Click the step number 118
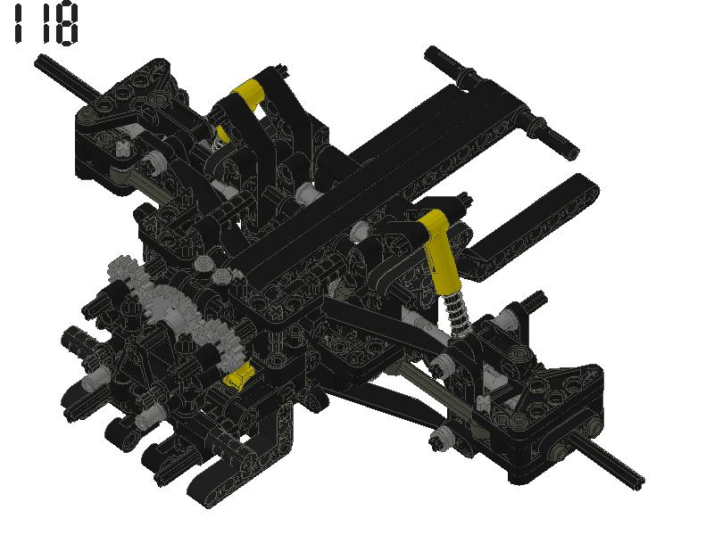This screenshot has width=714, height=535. pos(45,24)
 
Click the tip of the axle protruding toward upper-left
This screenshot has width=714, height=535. pos(41,61)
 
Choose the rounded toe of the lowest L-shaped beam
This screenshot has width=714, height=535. pos(202,490)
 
